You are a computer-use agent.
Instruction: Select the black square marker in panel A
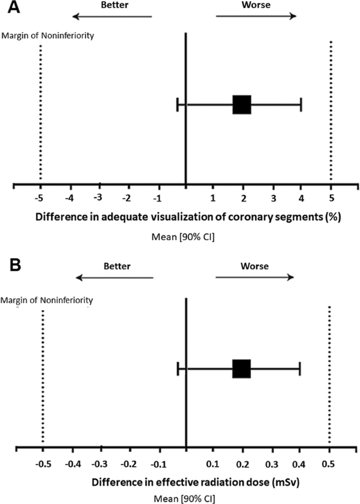click(242, 105)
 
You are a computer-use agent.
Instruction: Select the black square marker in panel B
click(242, 369)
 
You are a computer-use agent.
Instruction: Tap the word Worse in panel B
click(254, 266)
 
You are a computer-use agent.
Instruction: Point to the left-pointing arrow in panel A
click(111, 16)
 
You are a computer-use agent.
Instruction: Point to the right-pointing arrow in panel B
click(254, 277)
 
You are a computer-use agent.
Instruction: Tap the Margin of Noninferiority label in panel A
click(44, 36)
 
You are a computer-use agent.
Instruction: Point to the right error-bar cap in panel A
click(301, 105)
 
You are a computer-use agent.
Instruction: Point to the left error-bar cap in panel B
click(178, 369)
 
